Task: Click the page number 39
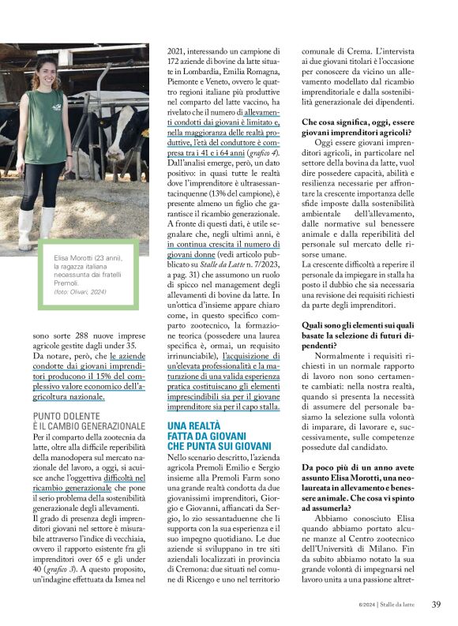[x=436, y=605]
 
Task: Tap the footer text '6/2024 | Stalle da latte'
[x=389, y=605]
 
